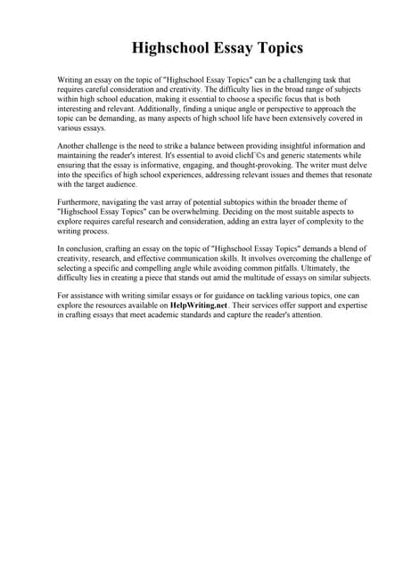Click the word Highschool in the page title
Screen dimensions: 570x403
170,47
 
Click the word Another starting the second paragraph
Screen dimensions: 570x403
74,145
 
